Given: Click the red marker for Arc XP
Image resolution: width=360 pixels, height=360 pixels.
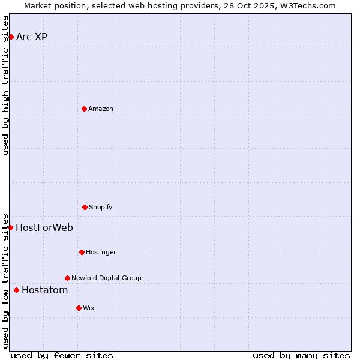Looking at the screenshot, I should tap(11, 37).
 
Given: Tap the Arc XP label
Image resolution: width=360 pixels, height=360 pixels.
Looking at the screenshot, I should tap(32, 37).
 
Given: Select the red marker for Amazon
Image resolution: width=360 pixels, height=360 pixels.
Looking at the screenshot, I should tap(84, 109).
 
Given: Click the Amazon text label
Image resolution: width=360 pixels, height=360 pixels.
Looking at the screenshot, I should tap(101, 109).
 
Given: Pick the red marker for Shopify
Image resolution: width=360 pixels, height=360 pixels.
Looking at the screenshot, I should tap(85, 207).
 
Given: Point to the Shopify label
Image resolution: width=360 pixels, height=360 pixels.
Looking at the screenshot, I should tap(101, 207).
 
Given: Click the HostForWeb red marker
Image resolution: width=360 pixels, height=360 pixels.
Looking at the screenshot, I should tap(10, 227).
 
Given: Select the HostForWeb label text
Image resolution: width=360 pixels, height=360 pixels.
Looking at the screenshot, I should tap(44, 227).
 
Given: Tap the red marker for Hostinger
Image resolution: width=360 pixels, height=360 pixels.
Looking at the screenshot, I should tap(82, 252).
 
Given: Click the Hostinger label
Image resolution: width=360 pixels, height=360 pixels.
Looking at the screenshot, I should tap(101, 252).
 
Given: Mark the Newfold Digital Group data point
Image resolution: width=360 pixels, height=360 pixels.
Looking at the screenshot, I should tap(67, 278).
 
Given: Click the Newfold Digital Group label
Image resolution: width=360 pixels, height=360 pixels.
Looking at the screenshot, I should tap(106, 278).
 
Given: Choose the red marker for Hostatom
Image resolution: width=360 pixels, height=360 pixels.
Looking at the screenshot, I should tap(16, 290).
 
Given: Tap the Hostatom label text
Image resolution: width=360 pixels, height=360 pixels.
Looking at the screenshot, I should tap(44, 290).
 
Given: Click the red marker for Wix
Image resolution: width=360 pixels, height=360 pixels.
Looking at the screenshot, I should tap(79, 308).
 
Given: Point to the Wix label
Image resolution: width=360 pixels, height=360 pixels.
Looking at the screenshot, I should tap(89, 308).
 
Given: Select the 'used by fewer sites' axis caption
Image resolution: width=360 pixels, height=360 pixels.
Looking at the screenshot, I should tap(62, 355).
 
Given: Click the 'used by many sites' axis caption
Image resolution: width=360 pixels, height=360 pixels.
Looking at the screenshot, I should tap(301, 355).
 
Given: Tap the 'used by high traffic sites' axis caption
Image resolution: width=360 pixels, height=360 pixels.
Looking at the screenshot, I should tap(5, 85).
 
